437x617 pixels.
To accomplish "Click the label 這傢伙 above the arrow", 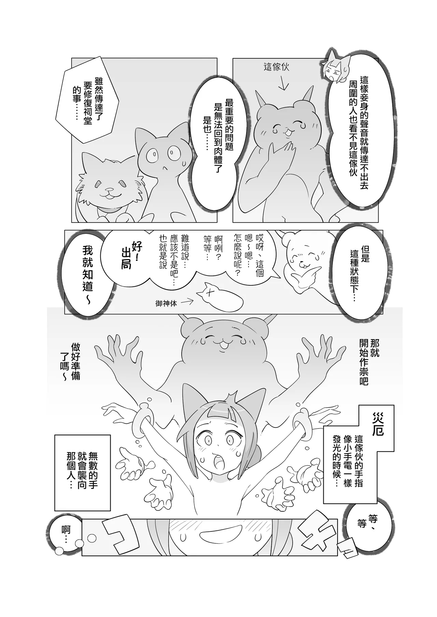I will click(x=277, y=67).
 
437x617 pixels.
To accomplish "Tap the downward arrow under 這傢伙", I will click(x=282, y=84).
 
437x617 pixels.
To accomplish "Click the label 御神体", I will click(x=166, y=303).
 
